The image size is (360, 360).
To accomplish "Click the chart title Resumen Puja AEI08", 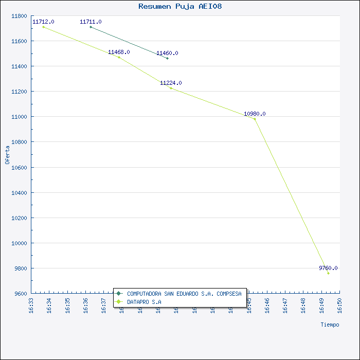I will click(180, 7).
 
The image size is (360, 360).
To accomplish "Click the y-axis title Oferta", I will click(7, 155).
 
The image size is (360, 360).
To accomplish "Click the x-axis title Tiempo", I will click(330, 325).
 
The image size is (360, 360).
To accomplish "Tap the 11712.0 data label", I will click(43, 22).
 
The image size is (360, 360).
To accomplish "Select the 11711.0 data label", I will click(91, 22).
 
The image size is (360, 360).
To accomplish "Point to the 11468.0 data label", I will click(119, 52).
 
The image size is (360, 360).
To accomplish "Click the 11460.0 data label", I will click(167, 53).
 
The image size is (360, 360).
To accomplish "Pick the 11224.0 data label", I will click(171, 83).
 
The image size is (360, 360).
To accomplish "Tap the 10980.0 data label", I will click(255, 114).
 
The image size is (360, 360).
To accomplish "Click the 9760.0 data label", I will click(328, 268).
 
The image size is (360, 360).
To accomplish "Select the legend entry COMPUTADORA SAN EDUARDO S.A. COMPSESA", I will click(184, 294).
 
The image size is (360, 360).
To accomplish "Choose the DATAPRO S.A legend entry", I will click(144, 302).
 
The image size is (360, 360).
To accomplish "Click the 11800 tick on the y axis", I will click(19, 16).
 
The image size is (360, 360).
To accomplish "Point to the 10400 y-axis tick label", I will click(19, 193).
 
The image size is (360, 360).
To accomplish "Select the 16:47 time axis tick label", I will click(285, 304).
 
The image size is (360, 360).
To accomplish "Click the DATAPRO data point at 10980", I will click(255, 119).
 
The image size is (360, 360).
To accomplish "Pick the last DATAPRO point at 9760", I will click(328, 273).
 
